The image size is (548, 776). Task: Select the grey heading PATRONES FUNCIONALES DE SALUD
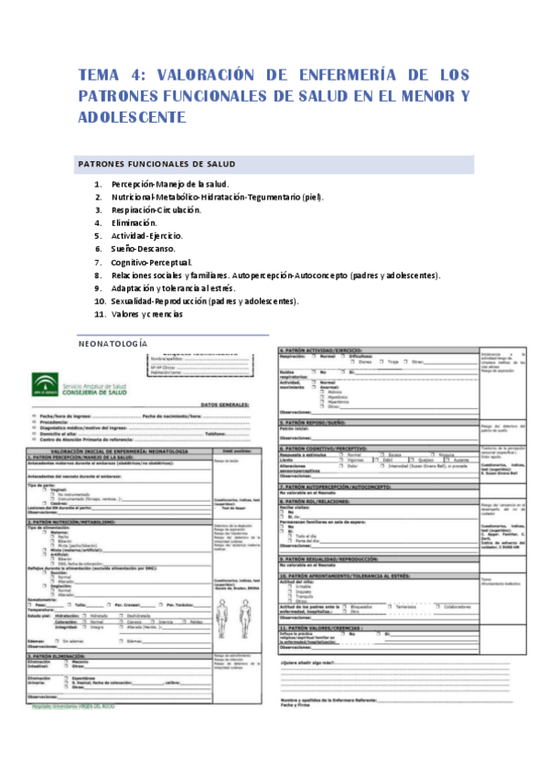pyautogui.click(x=156, y=164)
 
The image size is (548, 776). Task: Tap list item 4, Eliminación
pyautogui.click(x=134, y=222)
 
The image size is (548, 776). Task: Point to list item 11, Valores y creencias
pyautogui.click(x=146, y=314)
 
